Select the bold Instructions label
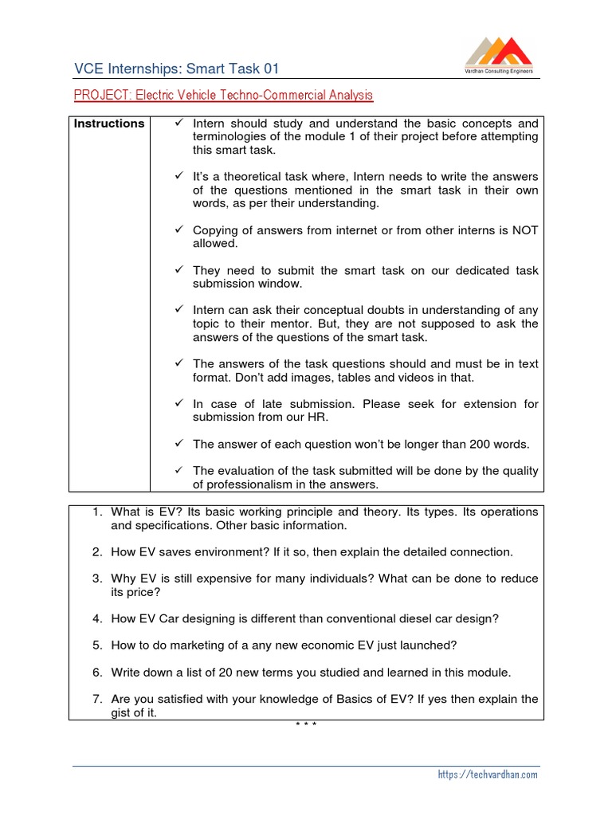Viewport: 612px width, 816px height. click(x=109, y=124)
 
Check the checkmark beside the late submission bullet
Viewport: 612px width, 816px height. click(x=179, y=404)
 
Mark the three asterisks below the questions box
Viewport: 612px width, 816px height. click(x=306, y=724)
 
